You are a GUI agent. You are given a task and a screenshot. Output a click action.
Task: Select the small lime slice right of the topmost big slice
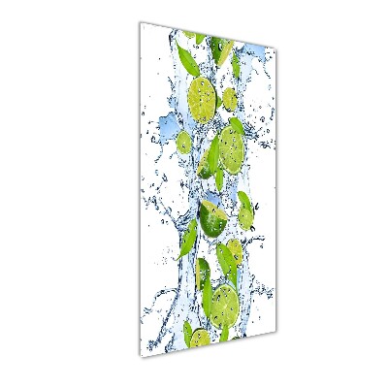(230, 99)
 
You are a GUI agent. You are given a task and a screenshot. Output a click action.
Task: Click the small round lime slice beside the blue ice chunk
(184, 143)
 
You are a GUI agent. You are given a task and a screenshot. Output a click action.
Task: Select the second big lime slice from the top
(231, 146)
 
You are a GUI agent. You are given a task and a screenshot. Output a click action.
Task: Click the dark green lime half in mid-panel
(212, 220)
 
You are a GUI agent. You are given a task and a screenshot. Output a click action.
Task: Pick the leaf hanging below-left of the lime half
(189, 237)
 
